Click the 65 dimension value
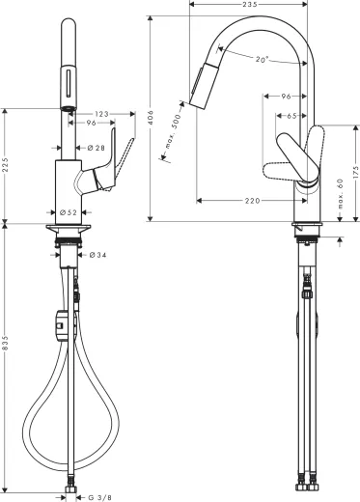(x=291, y=115)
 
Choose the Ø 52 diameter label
(x=66, y=211)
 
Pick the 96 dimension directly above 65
(x=286, y=96)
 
